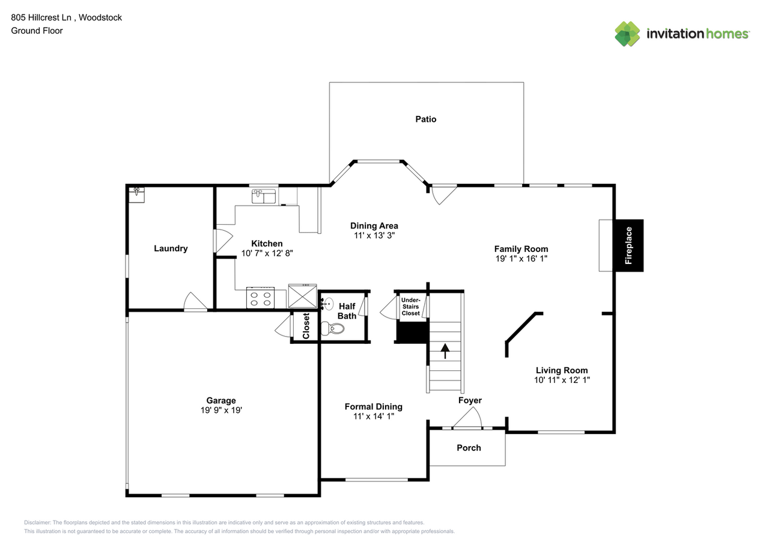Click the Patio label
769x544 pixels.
point(426,119)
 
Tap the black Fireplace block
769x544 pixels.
point(628,246)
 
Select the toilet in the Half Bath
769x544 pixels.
point(332,329)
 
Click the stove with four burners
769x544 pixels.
point(260,298)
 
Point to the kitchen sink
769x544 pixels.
point(264,196)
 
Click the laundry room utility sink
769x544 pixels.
point(136,195)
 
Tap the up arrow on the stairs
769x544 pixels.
point(445,351)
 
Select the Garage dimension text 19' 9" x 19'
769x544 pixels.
point(222,410)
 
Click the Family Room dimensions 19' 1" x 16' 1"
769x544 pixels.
point(521,258)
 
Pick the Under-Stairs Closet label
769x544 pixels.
point(410,307)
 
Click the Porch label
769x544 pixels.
point(469,448)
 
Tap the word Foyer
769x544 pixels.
point(470,400)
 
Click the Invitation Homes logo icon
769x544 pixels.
point(627,34)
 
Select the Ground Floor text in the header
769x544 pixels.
point(37,31)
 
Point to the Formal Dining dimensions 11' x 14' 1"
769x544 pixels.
point(374,416)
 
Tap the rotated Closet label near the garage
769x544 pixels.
point(306,326)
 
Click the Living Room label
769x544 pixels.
point(562,370)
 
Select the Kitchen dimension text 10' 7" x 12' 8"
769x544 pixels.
point(267,254)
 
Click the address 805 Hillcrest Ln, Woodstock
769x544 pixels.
point(66,18)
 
